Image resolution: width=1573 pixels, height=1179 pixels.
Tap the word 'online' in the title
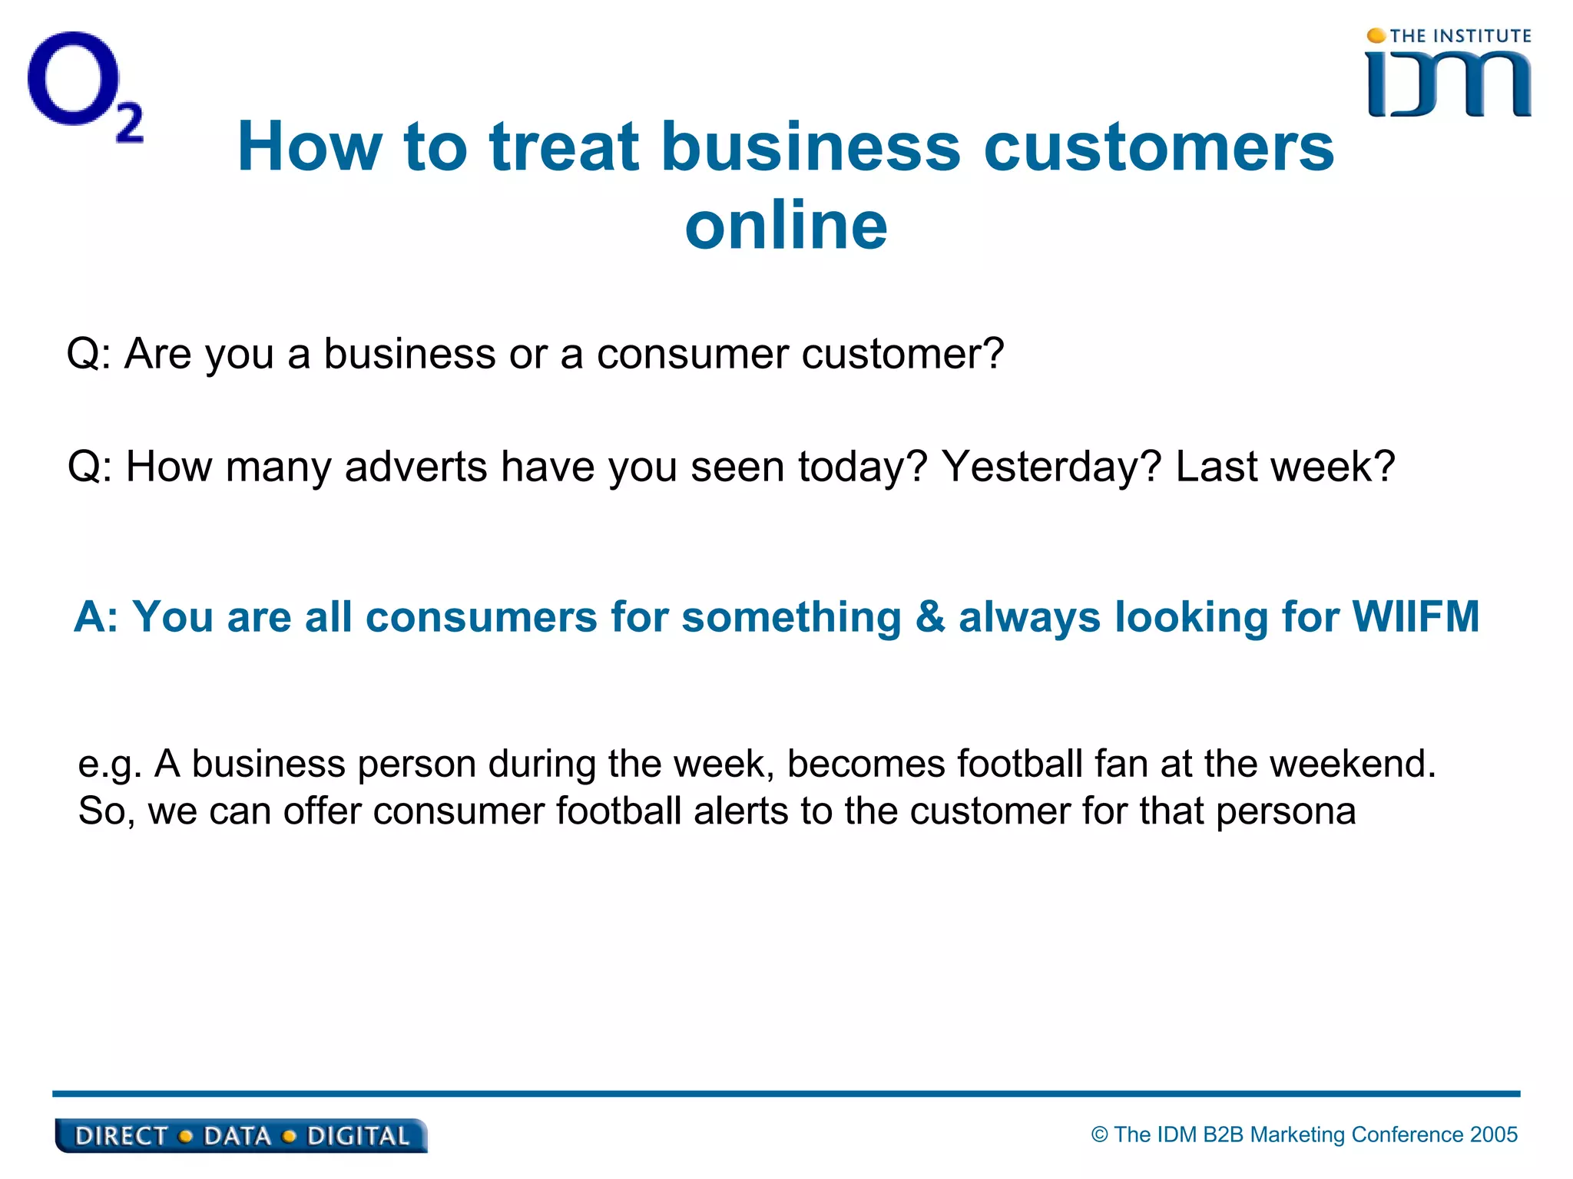pos(786,226)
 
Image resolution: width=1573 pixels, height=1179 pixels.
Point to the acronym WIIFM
pos(1416,616)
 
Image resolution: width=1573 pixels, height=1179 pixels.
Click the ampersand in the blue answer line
pos(930,616)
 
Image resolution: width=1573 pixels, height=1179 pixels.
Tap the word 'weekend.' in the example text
pos(1353,764)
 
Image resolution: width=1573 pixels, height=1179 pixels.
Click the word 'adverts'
pos(416,466)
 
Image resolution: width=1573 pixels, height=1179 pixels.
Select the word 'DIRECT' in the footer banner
pos(121,1137)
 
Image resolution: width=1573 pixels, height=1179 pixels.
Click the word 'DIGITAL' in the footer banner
pos(358,1137)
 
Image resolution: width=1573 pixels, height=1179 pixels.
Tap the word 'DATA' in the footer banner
pos(237,1137)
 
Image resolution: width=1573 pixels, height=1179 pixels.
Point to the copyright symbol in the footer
pos(1100,1134)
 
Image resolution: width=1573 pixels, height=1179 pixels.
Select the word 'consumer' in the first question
pos(693,354)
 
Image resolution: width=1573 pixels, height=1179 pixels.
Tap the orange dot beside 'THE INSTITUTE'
pos(1376,36)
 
